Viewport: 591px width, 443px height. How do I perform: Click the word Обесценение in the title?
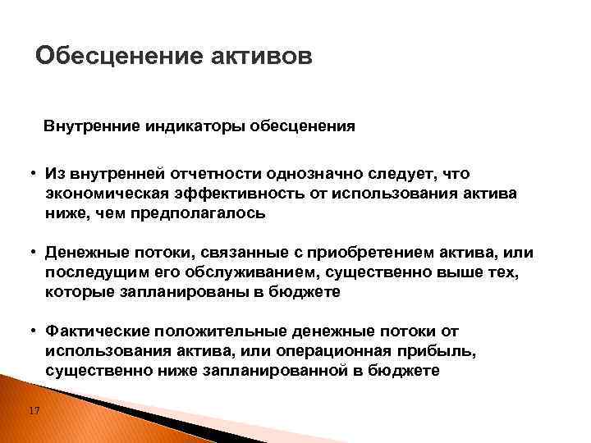(109, 57)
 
